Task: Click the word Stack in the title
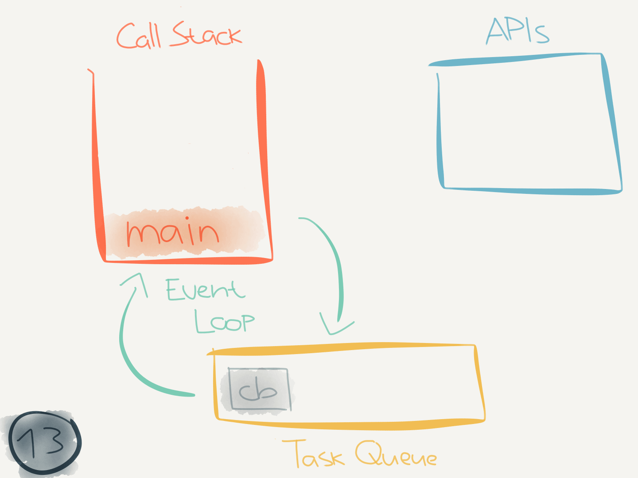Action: pos(206,35)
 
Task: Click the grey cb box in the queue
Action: pos(259,389)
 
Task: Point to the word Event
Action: pos(205,290)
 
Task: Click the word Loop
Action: pos(224,321)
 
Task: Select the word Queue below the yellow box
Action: pos(396,454)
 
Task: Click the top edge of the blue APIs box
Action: pos(514,59)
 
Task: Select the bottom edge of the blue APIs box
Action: pos(532,191)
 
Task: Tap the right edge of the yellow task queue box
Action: pos(480,383)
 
